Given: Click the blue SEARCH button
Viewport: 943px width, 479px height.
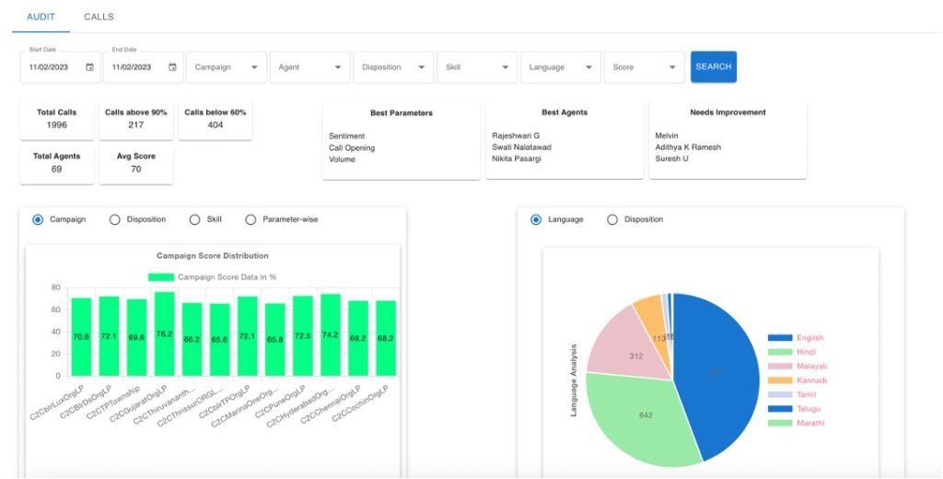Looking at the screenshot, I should coord(714,66).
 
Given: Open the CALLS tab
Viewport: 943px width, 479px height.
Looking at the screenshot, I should coord(99,17).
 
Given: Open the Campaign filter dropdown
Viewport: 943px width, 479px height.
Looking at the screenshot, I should coord(227,67).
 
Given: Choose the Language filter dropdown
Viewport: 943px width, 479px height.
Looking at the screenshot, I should coord(561,67).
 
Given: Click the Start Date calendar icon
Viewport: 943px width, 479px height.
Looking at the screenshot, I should coord(89,67).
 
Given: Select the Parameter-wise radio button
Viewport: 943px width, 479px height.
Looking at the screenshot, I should coord(250,219).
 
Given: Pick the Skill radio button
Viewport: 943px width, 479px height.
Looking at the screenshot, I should coord(194,219).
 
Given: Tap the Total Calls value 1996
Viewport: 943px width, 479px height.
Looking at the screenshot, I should coord(57,125).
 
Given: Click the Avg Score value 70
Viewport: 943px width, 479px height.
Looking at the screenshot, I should coord(135,169).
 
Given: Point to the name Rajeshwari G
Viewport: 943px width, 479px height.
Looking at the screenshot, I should coord(516,136).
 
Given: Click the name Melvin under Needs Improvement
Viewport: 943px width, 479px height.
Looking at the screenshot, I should coord(667,136).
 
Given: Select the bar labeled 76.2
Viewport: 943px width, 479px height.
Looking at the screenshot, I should coord(164,333).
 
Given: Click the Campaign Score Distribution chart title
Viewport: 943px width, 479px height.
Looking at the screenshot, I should coord(213,256).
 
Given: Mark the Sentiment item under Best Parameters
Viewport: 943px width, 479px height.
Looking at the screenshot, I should coord(347,136).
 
